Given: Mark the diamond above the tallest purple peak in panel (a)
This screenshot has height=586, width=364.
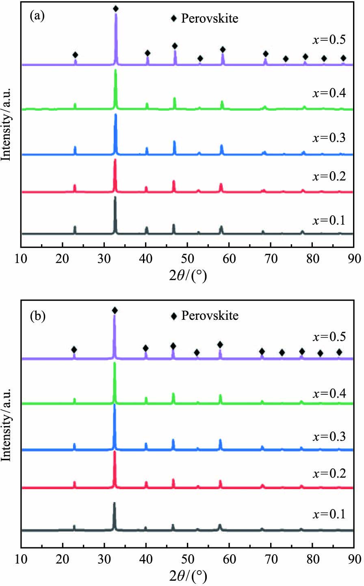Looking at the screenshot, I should coord(116,9).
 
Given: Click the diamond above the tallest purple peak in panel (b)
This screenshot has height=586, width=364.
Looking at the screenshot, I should coord(115,310).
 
